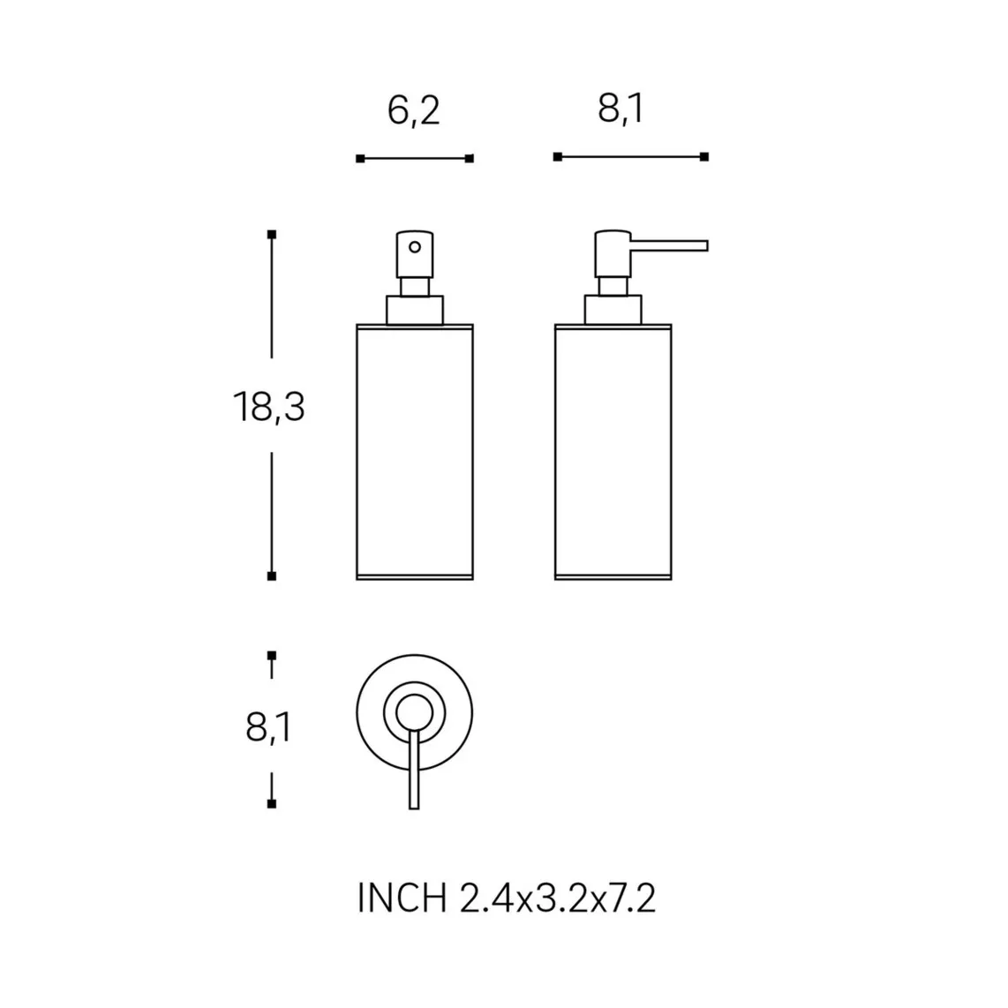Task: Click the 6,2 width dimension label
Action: coord(413,110)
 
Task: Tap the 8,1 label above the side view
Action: coord(621,109)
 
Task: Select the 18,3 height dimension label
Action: coord(268,407)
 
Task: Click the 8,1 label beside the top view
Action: coord(268,728)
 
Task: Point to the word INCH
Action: coord(402,898)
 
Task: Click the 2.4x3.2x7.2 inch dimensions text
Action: coord(557,898)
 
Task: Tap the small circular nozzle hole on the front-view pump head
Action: coord(415,247)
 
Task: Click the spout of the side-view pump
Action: coord(669,245)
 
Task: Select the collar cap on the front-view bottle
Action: coord(415,310)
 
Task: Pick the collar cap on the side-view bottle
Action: coord(613,310)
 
